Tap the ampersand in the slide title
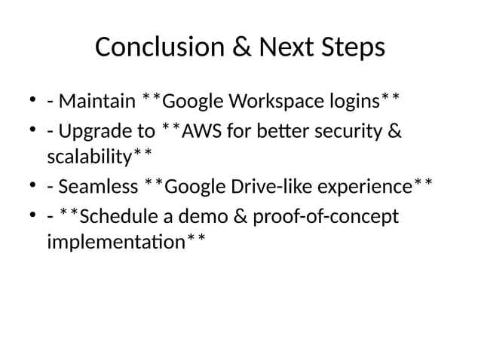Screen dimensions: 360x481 pyautogui.click(x=244, y=48)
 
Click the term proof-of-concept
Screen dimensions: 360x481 pyautogui.click(x=326, y=220)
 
